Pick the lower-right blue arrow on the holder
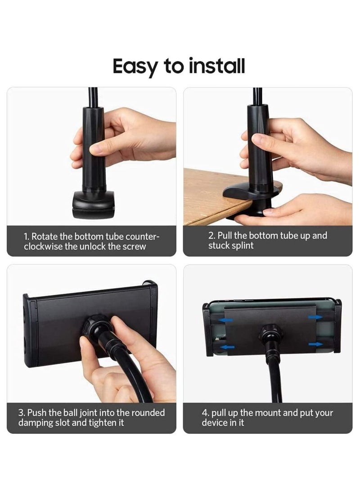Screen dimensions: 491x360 point(316,344)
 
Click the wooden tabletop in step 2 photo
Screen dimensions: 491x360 point(207,194)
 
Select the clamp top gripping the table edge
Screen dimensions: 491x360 point(245,193)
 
